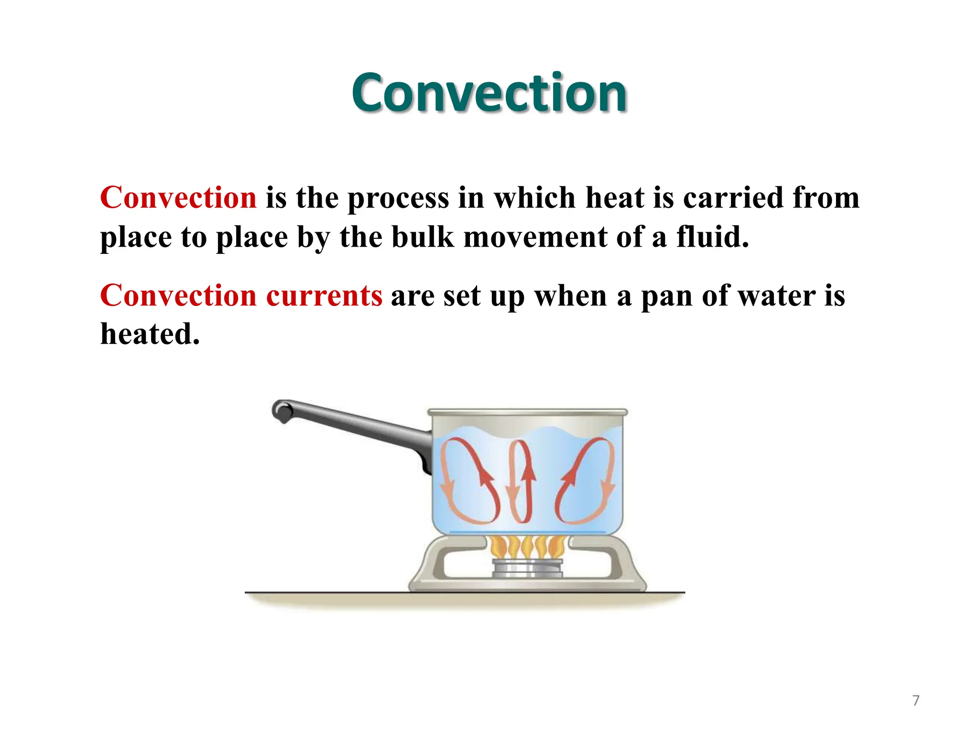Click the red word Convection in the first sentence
click(x=178, y=198)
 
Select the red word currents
click(x=324, y=296)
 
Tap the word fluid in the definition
click(x=712, y=237)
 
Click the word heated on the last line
click(x=150, y=334)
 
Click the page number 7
click(x=915, y=701)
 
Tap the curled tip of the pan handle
click(x=282, y=411)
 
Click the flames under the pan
click(x=528, y=547)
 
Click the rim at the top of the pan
click(x=527, y=412)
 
